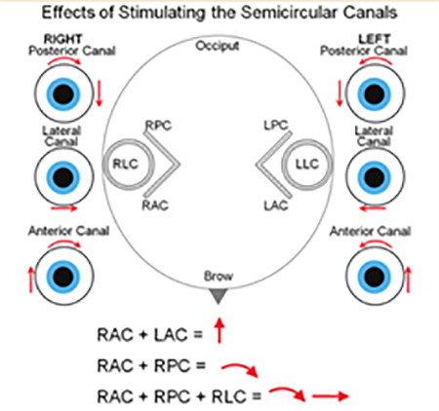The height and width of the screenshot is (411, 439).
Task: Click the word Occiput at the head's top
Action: pos(218,47)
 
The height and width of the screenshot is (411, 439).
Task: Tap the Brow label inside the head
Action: pos(219,276)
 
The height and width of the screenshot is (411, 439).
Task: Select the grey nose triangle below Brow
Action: pos(218,296)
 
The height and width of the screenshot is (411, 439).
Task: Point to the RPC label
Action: pos(158,126)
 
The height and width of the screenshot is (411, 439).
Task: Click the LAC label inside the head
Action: pos(276,205)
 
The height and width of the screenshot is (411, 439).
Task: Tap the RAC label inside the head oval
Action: pos(155,205)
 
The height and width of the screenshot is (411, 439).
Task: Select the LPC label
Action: pos(276,126)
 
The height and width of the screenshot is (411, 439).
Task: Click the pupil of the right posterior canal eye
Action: pos(63,93)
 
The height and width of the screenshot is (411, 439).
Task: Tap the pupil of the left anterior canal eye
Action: pos(375,277)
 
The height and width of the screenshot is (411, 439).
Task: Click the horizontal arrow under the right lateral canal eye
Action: pos(64,208)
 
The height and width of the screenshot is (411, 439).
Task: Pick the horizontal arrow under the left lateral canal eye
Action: pos(373,208)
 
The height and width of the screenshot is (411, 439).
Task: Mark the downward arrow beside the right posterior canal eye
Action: pos(100,93)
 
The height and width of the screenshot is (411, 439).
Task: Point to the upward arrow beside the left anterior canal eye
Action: pos(409,280)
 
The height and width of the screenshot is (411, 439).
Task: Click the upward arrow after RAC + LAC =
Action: pos(219,330)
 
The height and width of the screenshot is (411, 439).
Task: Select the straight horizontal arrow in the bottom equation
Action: pos(330,396)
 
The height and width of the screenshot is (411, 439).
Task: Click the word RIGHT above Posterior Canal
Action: pos(63,39)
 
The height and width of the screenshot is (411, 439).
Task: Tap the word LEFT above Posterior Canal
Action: pos(374,39)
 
